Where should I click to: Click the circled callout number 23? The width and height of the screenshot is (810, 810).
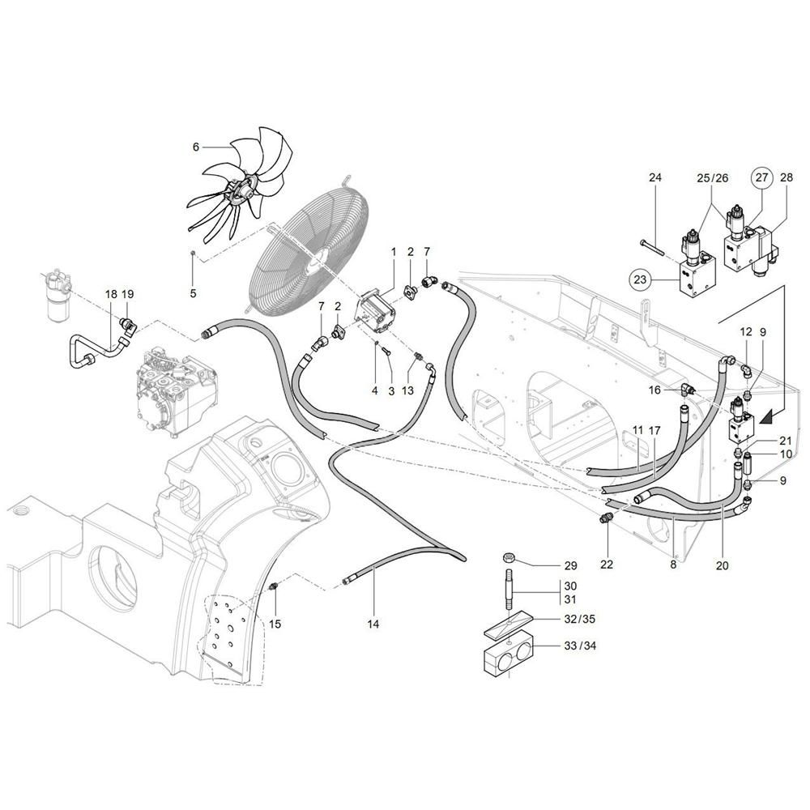[x=640, y=279]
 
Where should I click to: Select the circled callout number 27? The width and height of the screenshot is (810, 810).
[x=762, y=177]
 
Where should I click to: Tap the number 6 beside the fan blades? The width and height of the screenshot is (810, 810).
[x=196, y=147]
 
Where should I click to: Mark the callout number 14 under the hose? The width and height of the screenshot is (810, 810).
[x=373, y=624]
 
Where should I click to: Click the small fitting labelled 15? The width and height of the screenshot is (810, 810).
[x=275, y=586]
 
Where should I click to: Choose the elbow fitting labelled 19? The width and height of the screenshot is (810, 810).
[x=128, y=326]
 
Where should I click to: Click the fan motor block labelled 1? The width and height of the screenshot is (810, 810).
[x=377, y=313]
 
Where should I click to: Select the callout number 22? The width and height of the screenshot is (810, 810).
[x=607, y=564]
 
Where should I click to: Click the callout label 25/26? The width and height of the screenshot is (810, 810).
[x=712, y=177]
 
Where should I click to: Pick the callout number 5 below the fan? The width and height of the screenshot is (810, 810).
[x=193, y=293]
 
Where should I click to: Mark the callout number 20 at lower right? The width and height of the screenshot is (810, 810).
[x=722, y=565]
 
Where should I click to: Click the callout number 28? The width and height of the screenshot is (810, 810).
[x=786, y=177]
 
